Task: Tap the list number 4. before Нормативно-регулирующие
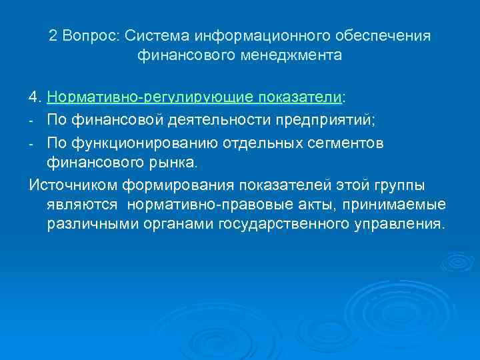coord(35,99)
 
